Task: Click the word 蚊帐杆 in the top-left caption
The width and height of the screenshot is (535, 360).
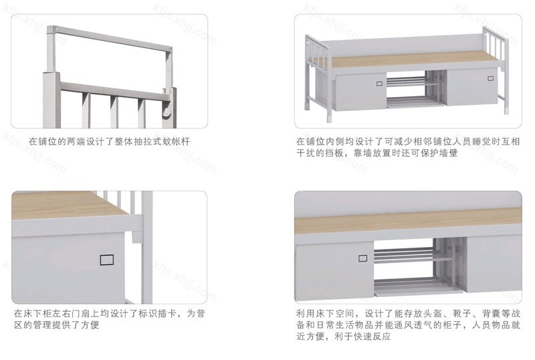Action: tap(177, 141)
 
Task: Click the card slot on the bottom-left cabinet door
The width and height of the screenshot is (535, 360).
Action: tap(107, 260)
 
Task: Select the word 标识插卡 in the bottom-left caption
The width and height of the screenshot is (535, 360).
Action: tap(157, 314)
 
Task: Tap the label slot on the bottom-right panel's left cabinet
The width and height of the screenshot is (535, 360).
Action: tap(362, 258)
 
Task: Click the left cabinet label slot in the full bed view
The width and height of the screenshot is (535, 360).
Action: tap(379, 84)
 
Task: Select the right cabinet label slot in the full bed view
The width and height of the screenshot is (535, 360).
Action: tap(490, 78)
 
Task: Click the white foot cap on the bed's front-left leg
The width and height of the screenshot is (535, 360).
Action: tap(329, 119)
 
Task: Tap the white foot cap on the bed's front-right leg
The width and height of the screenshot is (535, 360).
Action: tap(506, 111)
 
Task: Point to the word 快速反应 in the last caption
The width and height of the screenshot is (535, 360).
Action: tap(372, 337)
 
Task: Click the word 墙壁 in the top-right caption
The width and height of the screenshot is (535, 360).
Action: tap(449, 153)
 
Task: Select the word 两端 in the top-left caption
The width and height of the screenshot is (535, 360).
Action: tap(76, 141)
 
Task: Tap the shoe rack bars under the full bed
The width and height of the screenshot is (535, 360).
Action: tap(407, 82)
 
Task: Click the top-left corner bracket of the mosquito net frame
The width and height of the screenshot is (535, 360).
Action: tap(51, 29)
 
